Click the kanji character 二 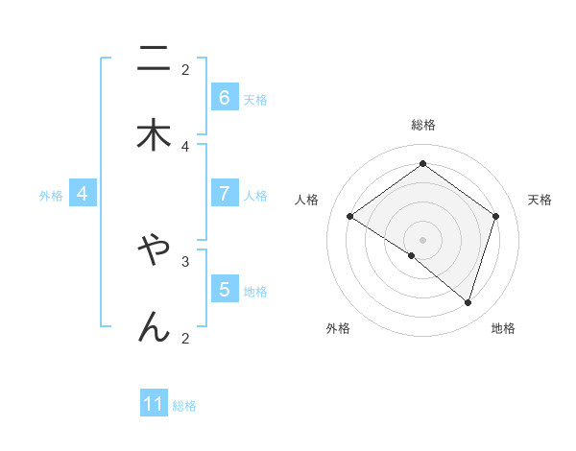(x=153, y=60)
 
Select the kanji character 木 (x=153, y=135)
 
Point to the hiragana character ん (x=153, y=326)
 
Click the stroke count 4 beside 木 (x=185, y=146)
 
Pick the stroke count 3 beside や (x=185, y=260)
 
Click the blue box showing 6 (x=224, y=97)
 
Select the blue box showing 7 (x=224, y=193)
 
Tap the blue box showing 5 (x=224, y=289)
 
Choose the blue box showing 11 (x=154, y=404)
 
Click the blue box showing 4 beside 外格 (x=83, y=194)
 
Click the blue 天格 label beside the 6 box (x=255, y=99)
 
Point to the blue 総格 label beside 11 (x=184, y=406)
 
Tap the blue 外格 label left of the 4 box (x=51, y=196)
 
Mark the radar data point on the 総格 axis (x=422, y=164)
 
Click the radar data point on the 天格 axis (x=495, y=216)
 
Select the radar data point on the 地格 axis (x=468, y=302)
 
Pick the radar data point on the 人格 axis (x=349, y=216)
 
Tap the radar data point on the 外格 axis (x=412, y=255)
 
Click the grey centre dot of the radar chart (x=422, y=239)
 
